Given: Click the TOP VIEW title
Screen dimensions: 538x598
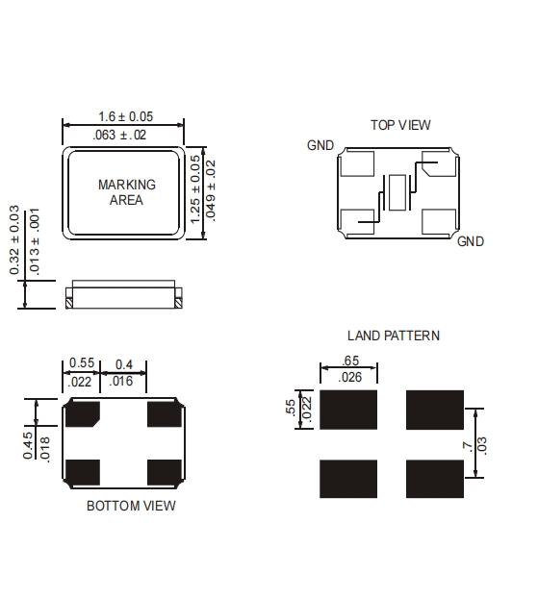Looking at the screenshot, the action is (x=400, y=125).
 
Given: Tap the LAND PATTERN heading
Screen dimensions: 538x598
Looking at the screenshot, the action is (x=394, y=336).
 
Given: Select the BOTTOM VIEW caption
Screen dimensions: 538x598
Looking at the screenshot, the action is (x=131, y=506).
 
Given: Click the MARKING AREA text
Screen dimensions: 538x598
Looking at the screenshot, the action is (x=127, y=192).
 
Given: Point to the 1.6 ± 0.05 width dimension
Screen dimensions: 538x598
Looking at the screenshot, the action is (x=126, y=116).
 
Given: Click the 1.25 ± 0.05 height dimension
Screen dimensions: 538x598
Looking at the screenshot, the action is (x=194, y=189).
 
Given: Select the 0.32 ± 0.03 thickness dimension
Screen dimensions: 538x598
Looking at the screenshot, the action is (x=14, y=240).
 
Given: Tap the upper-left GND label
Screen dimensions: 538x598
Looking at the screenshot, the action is (x=320, y=145).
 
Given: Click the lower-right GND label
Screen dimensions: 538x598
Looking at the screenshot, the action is (x=471, y=241).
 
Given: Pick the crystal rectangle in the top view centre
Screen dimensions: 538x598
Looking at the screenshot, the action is (x=397, y=192).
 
